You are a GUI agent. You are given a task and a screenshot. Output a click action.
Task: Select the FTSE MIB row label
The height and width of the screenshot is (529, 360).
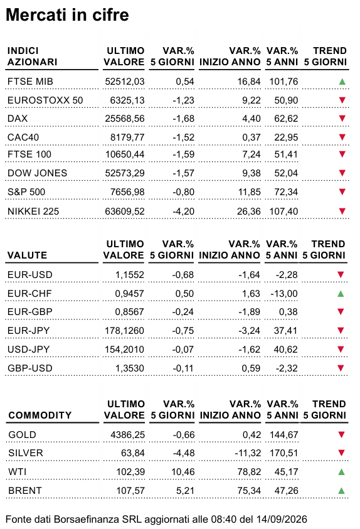point(30,82)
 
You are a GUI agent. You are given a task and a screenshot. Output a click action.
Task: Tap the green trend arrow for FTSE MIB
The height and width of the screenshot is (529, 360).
point(342,82)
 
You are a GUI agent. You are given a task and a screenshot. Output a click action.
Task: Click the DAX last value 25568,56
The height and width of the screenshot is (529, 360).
point(125,119)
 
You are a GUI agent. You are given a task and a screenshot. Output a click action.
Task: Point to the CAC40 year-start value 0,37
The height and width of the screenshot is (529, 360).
point(251,137)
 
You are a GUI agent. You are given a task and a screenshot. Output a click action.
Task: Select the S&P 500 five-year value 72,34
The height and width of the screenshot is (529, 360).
point(286,192)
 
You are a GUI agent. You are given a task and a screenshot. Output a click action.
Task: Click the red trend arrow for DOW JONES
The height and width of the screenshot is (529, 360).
point(342,173)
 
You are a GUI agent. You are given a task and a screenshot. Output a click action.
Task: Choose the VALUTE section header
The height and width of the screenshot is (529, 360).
point(27,255)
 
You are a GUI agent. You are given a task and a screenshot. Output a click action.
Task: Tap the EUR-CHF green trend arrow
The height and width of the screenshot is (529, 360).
point(341,294)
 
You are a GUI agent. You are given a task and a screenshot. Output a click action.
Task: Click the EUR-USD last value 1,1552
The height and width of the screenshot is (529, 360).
point(129,275)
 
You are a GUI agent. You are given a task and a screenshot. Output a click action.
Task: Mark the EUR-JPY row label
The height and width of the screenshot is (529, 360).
point(28,331)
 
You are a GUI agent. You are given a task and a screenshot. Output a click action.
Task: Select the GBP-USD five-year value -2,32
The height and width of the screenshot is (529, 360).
point(287,368)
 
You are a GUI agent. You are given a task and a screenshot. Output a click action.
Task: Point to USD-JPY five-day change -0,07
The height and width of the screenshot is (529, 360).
point(183,350)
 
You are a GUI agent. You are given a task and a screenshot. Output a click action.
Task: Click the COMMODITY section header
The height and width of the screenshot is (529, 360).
point(40,415)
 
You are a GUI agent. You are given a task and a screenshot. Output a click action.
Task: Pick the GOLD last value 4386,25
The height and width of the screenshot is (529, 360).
point(128,434)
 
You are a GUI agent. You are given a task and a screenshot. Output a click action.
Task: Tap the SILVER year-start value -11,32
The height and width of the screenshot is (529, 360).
point(248,452)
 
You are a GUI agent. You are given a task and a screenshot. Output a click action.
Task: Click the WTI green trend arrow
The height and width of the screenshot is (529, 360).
point(341,472)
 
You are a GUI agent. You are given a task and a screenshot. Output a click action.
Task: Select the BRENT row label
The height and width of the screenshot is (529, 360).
point(25,490)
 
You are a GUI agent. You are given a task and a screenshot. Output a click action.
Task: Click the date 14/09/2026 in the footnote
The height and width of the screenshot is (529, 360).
point(282,519)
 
